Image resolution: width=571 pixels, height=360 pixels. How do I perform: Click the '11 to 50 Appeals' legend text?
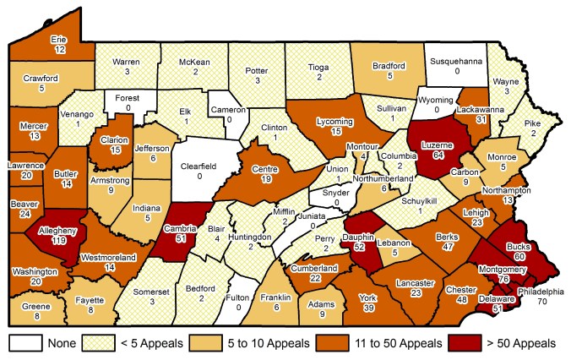coord(384,343)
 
